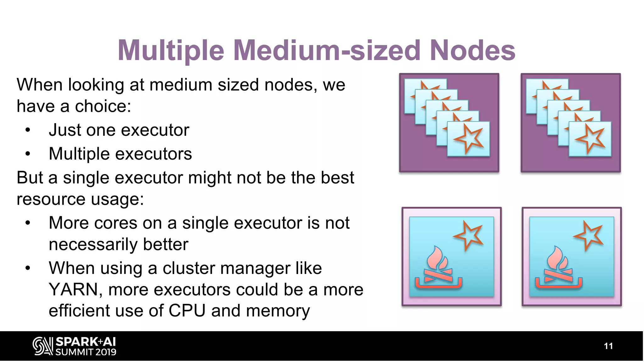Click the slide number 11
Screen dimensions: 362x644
point(608,346)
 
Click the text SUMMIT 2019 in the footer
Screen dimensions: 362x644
point(86,352)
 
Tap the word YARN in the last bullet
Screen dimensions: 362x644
point(74,289)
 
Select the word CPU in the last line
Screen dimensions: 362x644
point(187,310)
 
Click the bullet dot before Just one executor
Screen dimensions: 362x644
point(28,130)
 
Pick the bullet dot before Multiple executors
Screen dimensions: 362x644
point(28,154)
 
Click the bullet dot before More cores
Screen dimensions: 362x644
point(28,223)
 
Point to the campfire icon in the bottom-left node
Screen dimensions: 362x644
point(438,268)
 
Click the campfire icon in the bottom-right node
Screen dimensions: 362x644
point(558,268)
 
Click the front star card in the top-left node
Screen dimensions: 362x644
point(468,139)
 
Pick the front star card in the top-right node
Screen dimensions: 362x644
point(590,139)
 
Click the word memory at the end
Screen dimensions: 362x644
point(278,311)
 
